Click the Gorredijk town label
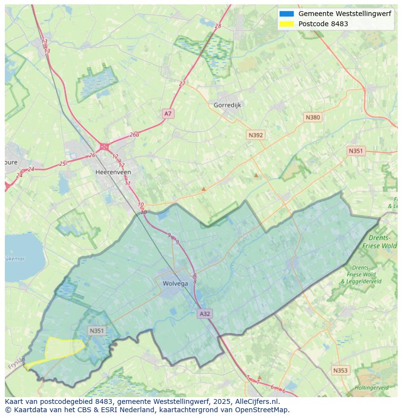[x=227, y=105]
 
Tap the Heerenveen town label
[x=113, y=172]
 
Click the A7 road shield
[x=168, y=114]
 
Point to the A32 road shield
[x=205, y=314]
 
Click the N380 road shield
[x=313, y=117]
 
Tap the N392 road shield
[x=255, y=135]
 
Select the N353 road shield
[x=340, y=370]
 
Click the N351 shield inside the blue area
[x=97, y=331]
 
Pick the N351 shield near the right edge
[x=355, y=151]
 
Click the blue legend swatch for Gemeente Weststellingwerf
[x=286, y=14]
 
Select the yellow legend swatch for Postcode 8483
[x=286, y=24]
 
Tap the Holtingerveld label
[x=371, y=388]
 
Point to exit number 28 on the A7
[x=218, y=26]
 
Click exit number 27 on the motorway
[x=182, y=84]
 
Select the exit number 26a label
[x=134, y=134]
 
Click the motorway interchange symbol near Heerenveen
[x=104, y=146]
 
